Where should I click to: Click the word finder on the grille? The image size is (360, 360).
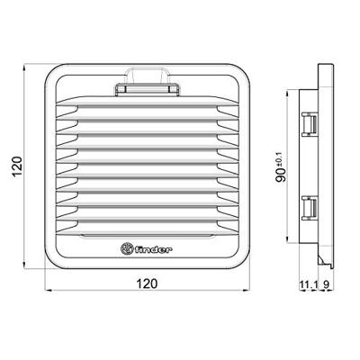(x=158, y=248)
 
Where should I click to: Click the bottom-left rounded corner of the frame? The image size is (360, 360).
(x=52, y=262)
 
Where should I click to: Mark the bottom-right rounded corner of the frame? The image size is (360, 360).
(x=245, y=262)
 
